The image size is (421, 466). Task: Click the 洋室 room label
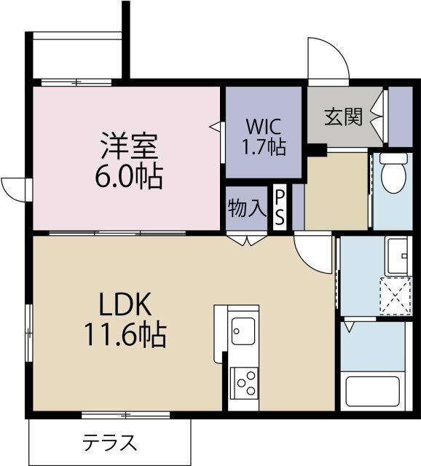pos(130,146)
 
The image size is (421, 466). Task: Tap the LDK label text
pos(125,304)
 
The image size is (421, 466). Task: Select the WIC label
pos(264,126)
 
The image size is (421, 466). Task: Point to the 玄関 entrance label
pos(343,116)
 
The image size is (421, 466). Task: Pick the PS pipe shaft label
pos(280,208)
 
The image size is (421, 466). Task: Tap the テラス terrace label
pos(109,443)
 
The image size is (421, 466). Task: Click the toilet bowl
pos(393,173)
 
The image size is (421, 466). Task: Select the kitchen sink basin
pos(243,331)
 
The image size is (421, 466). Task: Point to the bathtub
pos(372,392)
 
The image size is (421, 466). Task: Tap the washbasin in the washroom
pos(398,256)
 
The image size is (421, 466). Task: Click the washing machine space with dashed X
pos(396,296)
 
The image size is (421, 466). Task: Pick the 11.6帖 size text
pos(125,335)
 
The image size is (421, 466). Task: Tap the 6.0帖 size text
pos(129,176)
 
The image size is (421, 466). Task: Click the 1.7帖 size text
pos(264,147)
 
